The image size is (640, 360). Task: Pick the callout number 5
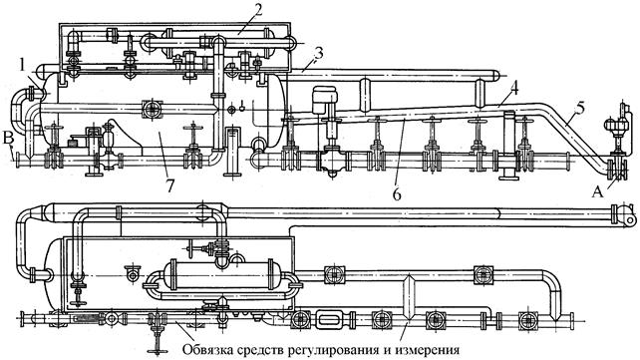click(579, 109)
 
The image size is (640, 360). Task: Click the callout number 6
click(397, 193)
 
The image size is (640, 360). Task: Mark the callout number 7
click(170, 185)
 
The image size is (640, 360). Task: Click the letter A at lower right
click(597, 190)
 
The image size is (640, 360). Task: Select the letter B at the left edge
click(8, 137)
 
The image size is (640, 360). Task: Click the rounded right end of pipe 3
click(495, 75)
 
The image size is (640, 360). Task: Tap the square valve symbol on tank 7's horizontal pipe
click(153, 109)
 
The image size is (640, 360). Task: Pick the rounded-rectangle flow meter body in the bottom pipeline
click(331, 319)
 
